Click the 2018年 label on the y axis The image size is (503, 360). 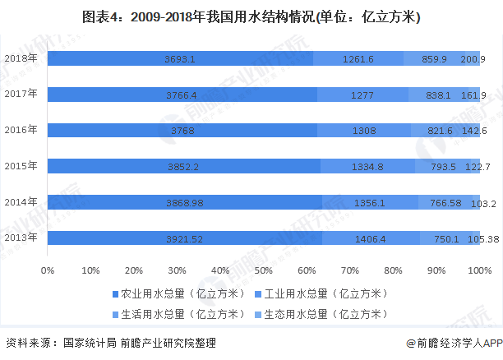coord(21,58)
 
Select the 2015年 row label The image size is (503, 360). coord(21,166)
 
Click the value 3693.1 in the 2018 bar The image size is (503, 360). coord(180,59)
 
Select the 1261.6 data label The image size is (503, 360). coord(358,59)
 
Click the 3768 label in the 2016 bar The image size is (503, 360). coord(182,131)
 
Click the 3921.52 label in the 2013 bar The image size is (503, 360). coord(185,238)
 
